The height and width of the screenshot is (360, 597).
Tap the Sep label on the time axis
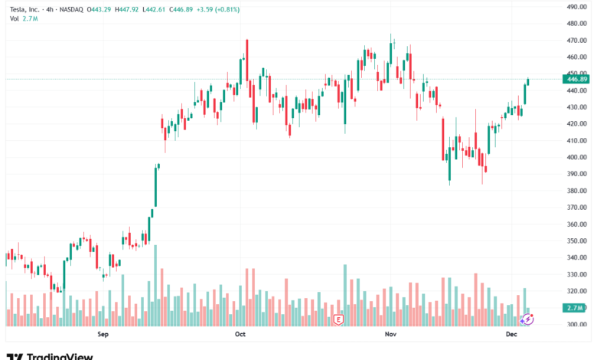(104, 335)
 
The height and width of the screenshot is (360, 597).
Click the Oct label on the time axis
(240, 335)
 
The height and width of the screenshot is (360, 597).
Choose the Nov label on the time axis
(390, 335)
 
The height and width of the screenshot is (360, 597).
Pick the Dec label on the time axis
(511, 335)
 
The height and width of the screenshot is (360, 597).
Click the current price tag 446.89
(575, 79)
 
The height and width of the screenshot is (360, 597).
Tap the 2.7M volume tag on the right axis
(575, 307)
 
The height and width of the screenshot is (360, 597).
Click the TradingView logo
(50, 355)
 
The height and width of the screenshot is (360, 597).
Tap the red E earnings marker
(338, 318)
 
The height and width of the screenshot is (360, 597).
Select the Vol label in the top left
(14, 18)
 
